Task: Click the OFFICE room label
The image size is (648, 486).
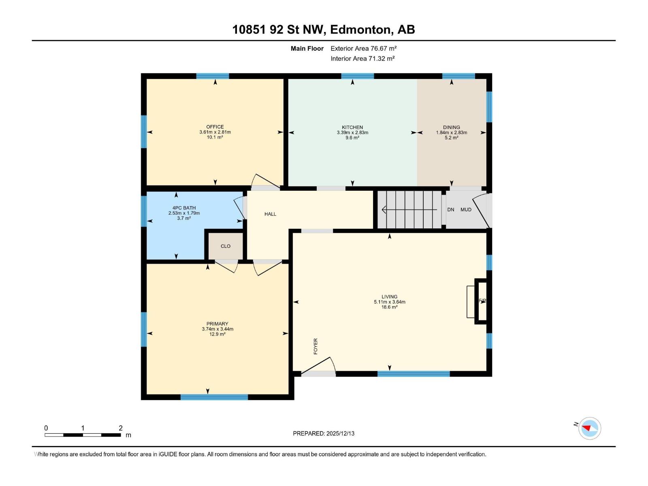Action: (x=215, y=127)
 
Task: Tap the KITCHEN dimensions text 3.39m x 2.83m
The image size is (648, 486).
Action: (x=352, y=132)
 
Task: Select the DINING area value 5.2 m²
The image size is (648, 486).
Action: (x=451, y=138)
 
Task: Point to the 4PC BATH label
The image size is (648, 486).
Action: (x=184, y=208)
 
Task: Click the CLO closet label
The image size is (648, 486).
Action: (x=226, y=246)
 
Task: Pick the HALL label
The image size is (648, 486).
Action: (x=270, y=214)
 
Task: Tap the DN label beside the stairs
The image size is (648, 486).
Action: (x=451, y=210)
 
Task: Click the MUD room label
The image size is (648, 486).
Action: (x=466, y=210)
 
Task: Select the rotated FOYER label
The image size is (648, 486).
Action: (x=315, y=346)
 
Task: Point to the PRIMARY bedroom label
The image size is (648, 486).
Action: (x=217, y=324)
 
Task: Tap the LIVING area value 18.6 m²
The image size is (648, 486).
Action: (x=389, y=307)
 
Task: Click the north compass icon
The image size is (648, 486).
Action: (x=589, y=428)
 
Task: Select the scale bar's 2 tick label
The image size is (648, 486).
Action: (x=121, y=428)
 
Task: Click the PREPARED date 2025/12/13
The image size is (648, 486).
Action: (x=340, y=433)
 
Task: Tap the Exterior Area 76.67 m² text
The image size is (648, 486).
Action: (x=363, y=48)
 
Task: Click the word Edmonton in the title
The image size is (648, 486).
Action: (x=361, y=30)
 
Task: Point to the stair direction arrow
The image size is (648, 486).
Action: (x=409, y=210)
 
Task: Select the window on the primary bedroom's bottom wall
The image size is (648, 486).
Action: (x=214, y=397)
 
